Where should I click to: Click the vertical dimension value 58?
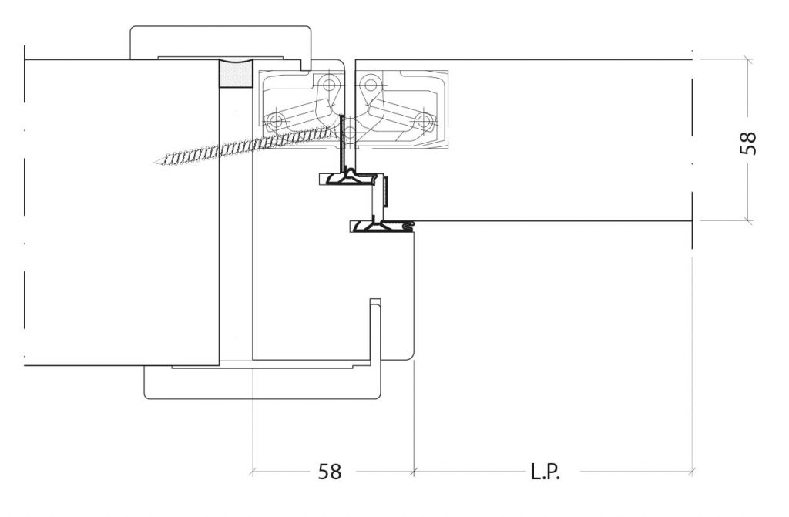pos(748,143)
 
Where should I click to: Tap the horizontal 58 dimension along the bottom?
pos(330,472)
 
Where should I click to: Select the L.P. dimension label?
pos(546,472)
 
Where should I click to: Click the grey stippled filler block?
pos(236,75)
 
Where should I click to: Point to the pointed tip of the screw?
pos(154,163)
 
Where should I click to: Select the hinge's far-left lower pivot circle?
pos(276,121)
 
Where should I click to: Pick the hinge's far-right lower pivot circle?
pos(425,121)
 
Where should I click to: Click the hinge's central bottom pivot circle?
pos(350,133)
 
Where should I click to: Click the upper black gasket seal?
pos(349,178)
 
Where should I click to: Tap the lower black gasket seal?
pos(381,226)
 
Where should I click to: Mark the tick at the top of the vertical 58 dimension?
pos(749,60)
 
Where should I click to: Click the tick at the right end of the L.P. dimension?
pos(693,472)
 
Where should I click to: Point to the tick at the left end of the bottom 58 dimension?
pos(253,472)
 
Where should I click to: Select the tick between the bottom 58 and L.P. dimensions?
pos(414,472)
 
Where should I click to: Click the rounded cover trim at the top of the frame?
pos(220,42)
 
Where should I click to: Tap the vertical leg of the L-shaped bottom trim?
pos(375,332)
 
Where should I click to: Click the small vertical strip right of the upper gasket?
pos(386,191)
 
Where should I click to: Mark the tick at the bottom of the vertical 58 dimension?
pos(749,220)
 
